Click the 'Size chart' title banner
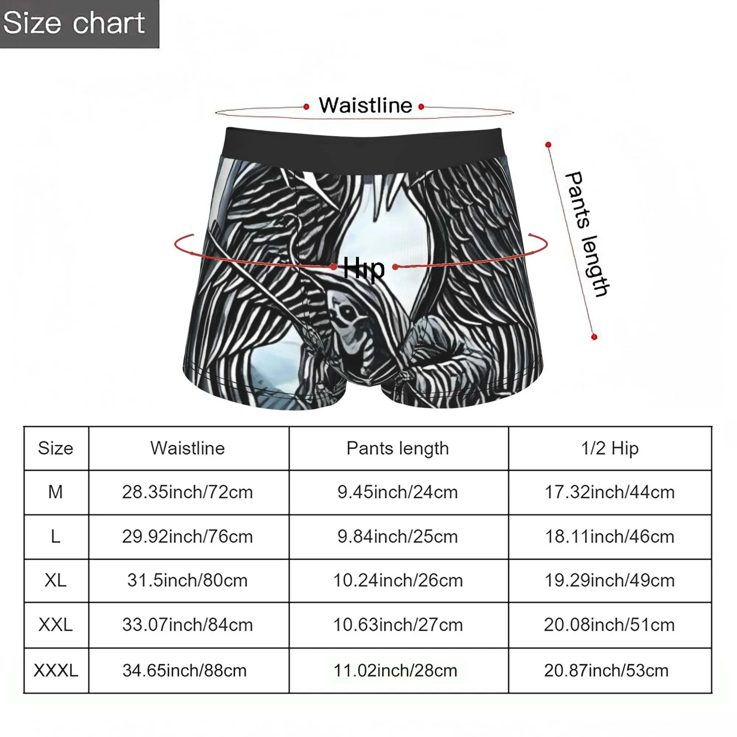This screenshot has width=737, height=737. (79, 24)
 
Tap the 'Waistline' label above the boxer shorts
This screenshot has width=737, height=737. (366, 105)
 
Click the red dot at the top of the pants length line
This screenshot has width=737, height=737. (548, 144)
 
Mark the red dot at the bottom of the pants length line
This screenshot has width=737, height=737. (594, 337)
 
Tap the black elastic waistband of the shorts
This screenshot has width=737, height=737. (363, 147)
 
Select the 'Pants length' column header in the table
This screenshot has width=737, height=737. (398, 448)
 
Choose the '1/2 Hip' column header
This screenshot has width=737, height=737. (609, 448)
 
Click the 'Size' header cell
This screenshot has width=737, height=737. (56, 448)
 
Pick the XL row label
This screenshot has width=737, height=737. (56, 581)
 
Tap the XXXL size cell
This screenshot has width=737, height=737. (56, 670)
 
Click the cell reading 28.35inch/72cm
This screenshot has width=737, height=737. (188, 492)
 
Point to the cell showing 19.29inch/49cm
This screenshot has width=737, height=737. (609, 581)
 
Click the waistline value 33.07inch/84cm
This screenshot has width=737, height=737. (188, 625)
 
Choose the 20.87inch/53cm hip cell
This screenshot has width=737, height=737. (609, 670)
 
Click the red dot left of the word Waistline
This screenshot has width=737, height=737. (306, 107)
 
